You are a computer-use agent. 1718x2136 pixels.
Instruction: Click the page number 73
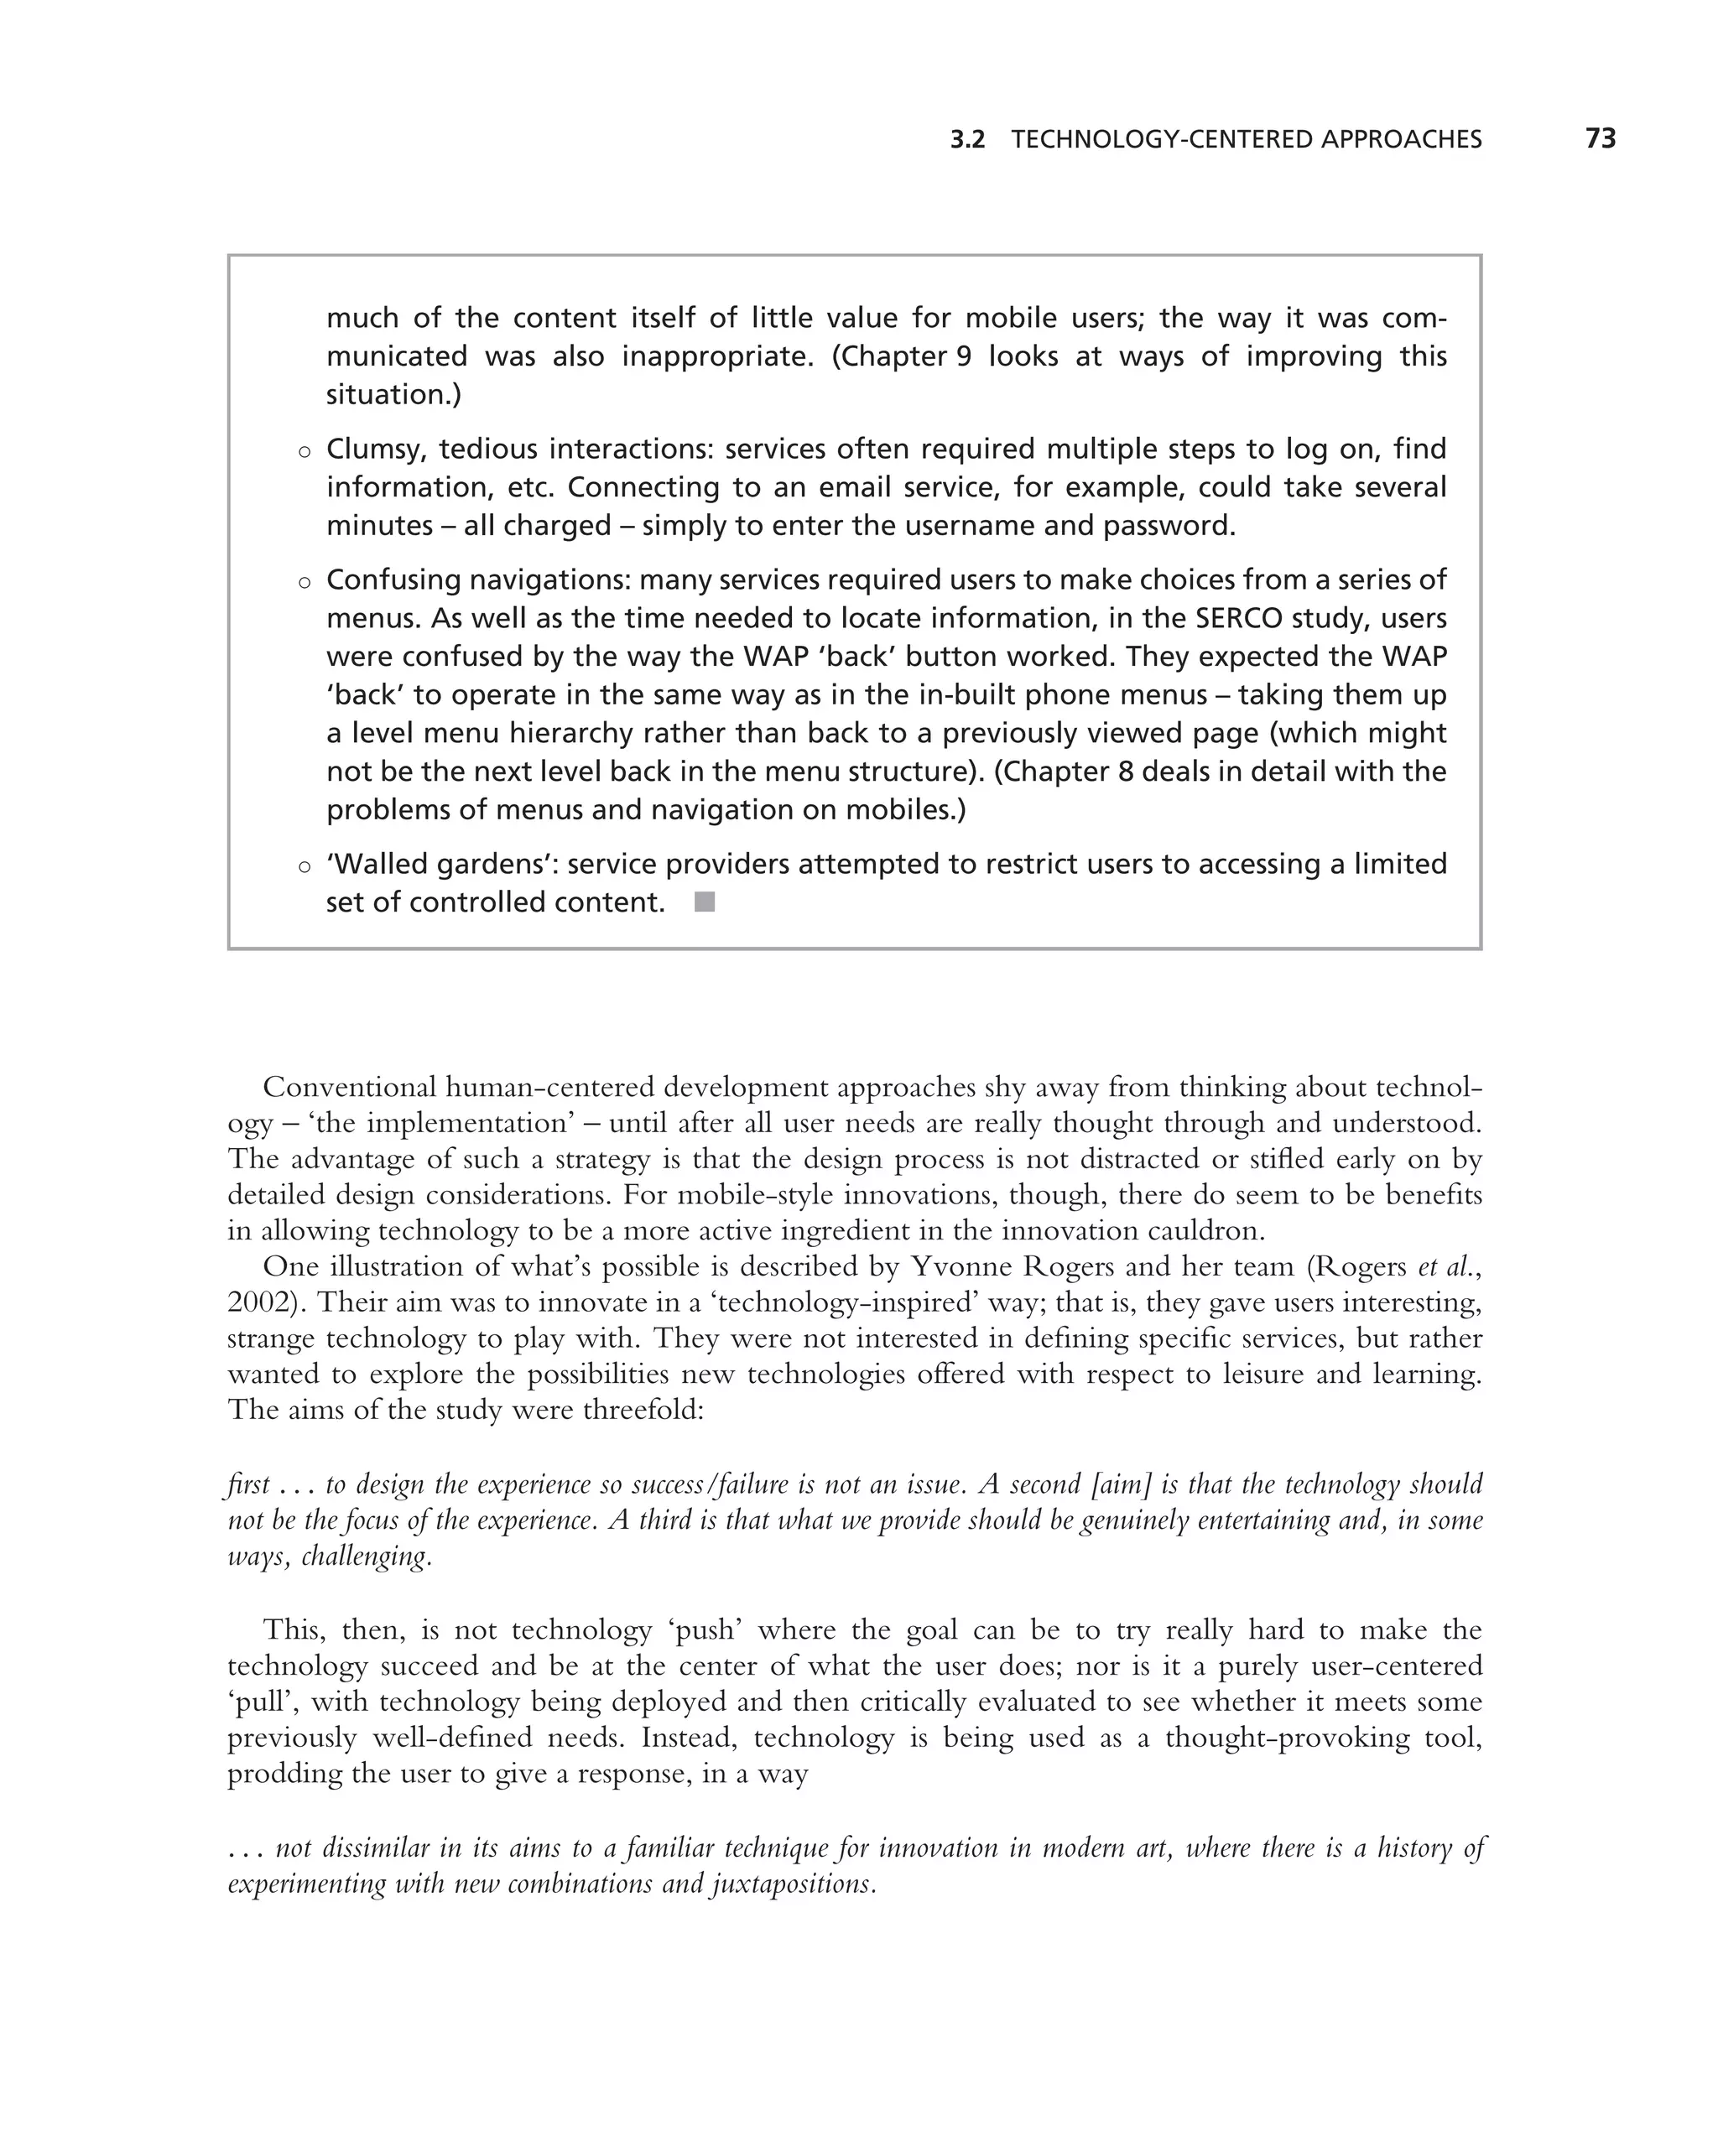coord(1600,138)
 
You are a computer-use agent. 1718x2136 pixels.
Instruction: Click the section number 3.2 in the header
coord(967,140)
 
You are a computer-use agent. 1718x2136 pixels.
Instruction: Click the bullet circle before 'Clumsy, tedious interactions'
coord(305,452)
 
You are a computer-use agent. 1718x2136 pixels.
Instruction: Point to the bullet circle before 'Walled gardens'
coord(305,867)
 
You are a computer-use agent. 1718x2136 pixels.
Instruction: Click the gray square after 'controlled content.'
coord(705,902)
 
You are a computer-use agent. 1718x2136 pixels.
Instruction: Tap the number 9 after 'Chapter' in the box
coord(963,356)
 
